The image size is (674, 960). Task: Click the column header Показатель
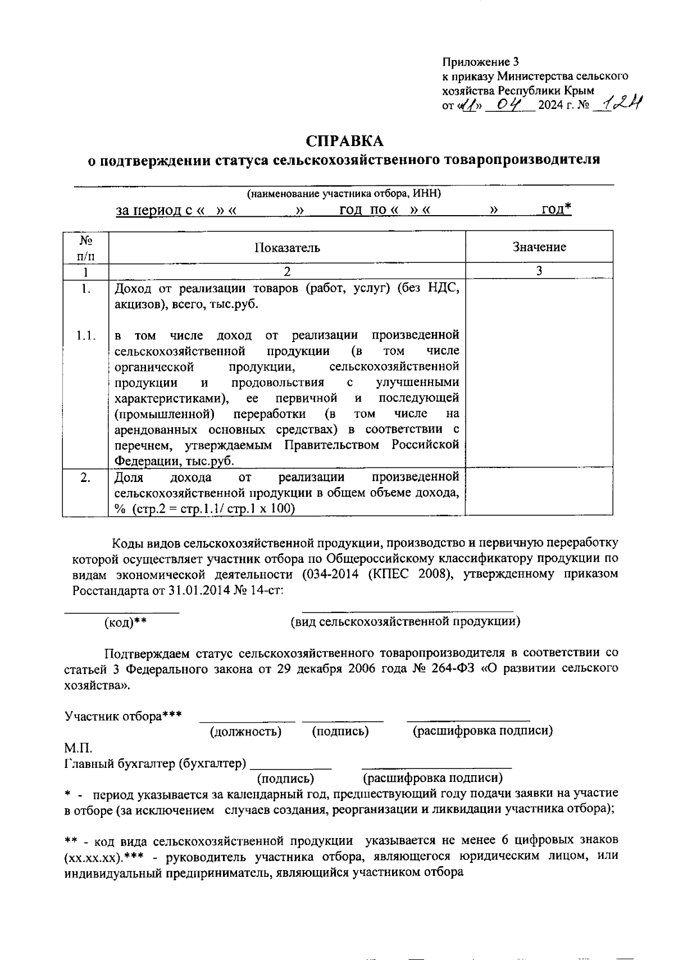pos(287,248)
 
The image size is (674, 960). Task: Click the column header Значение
pos(539,247)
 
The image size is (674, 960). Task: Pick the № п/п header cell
pos(85,247)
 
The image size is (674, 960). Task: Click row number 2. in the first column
pos(85,478)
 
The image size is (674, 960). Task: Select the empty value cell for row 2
pos(539,492)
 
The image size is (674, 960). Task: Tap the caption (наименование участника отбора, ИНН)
pos(344,194)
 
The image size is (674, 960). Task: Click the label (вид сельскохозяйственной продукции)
pos(404,621)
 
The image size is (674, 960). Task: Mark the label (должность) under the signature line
pos(245,731)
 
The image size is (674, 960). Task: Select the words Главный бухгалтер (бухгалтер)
pos(156,764)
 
